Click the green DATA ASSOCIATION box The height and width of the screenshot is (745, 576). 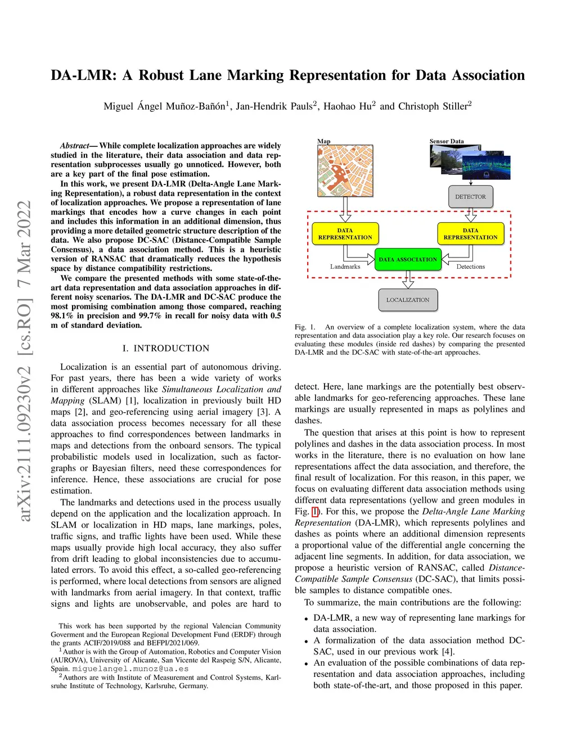[408, 259]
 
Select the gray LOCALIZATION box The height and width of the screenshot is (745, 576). [408, 300]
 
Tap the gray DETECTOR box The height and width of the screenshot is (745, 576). [470, 197]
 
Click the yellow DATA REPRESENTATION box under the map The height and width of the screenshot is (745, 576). [345, 234]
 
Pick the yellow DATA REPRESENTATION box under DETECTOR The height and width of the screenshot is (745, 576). [470, 234]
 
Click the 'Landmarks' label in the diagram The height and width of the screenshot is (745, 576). [345, 267]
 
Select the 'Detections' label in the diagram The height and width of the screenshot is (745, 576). [470, 267]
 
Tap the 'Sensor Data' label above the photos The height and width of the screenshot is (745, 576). [447, 141]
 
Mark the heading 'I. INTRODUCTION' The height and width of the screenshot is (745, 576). [166, 348]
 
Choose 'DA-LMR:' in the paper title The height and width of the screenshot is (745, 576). [84, 75]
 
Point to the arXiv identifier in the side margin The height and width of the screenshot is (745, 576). [25, 360]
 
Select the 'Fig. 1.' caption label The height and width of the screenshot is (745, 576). [305, 327]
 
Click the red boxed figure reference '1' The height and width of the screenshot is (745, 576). [315, 512]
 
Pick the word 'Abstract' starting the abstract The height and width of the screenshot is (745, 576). [75, 146]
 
